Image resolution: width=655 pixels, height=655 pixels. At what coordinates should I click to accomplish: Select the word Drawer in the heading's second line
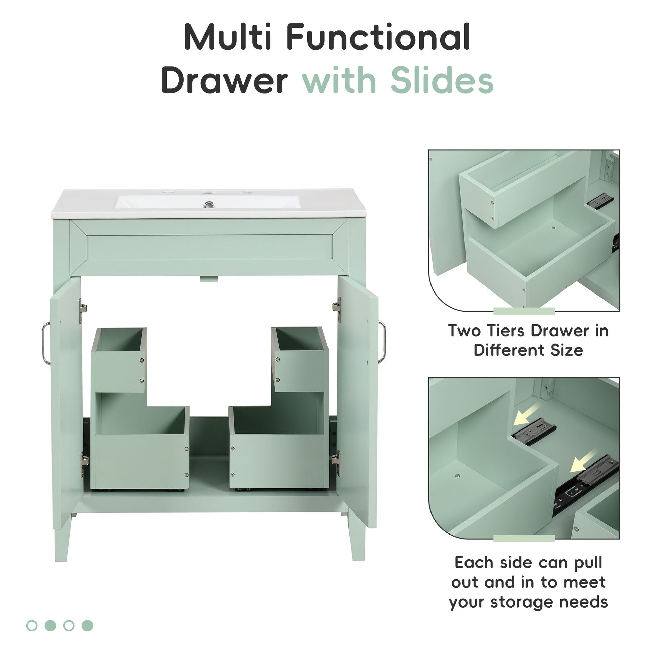(224, 81)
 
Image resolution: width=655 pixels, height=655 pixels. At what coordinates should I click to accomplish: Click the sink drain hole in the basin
(209, 205)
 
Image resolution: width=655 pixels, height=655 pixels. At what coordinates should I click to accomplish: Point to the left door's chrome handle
(46, 343)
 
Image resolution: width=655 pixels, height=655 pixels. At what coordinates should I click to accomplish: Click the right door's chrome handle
(383, 342)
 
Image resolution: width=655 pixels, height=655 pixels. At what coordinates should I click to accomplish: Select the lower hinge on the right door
(336, 462)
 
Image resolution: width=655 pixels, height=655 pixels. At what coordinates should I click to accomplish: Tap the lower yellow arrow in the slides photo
(583, 461)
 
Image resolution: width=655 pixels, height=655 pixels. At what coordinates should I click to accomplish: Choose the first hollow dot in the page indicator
(32, 625)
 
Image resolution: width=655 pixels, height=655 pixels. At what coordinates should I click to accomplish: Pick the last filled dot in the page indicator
(88, 625)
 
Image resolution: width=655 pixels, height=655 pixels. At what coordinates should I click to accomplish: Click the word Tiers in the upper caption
(507, 331)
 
